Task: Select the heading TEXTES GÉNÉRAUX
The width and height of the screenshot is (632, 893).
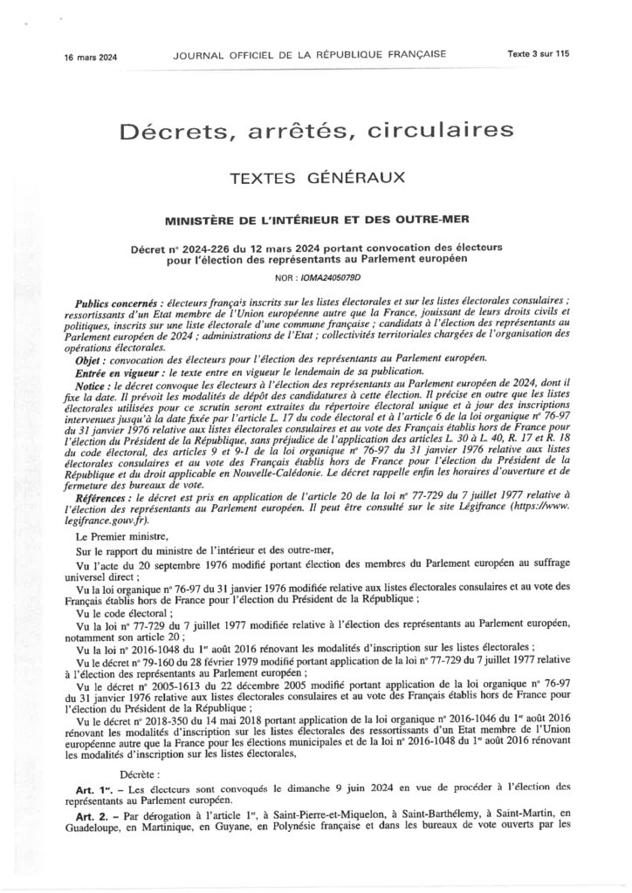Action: (315, 177)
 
